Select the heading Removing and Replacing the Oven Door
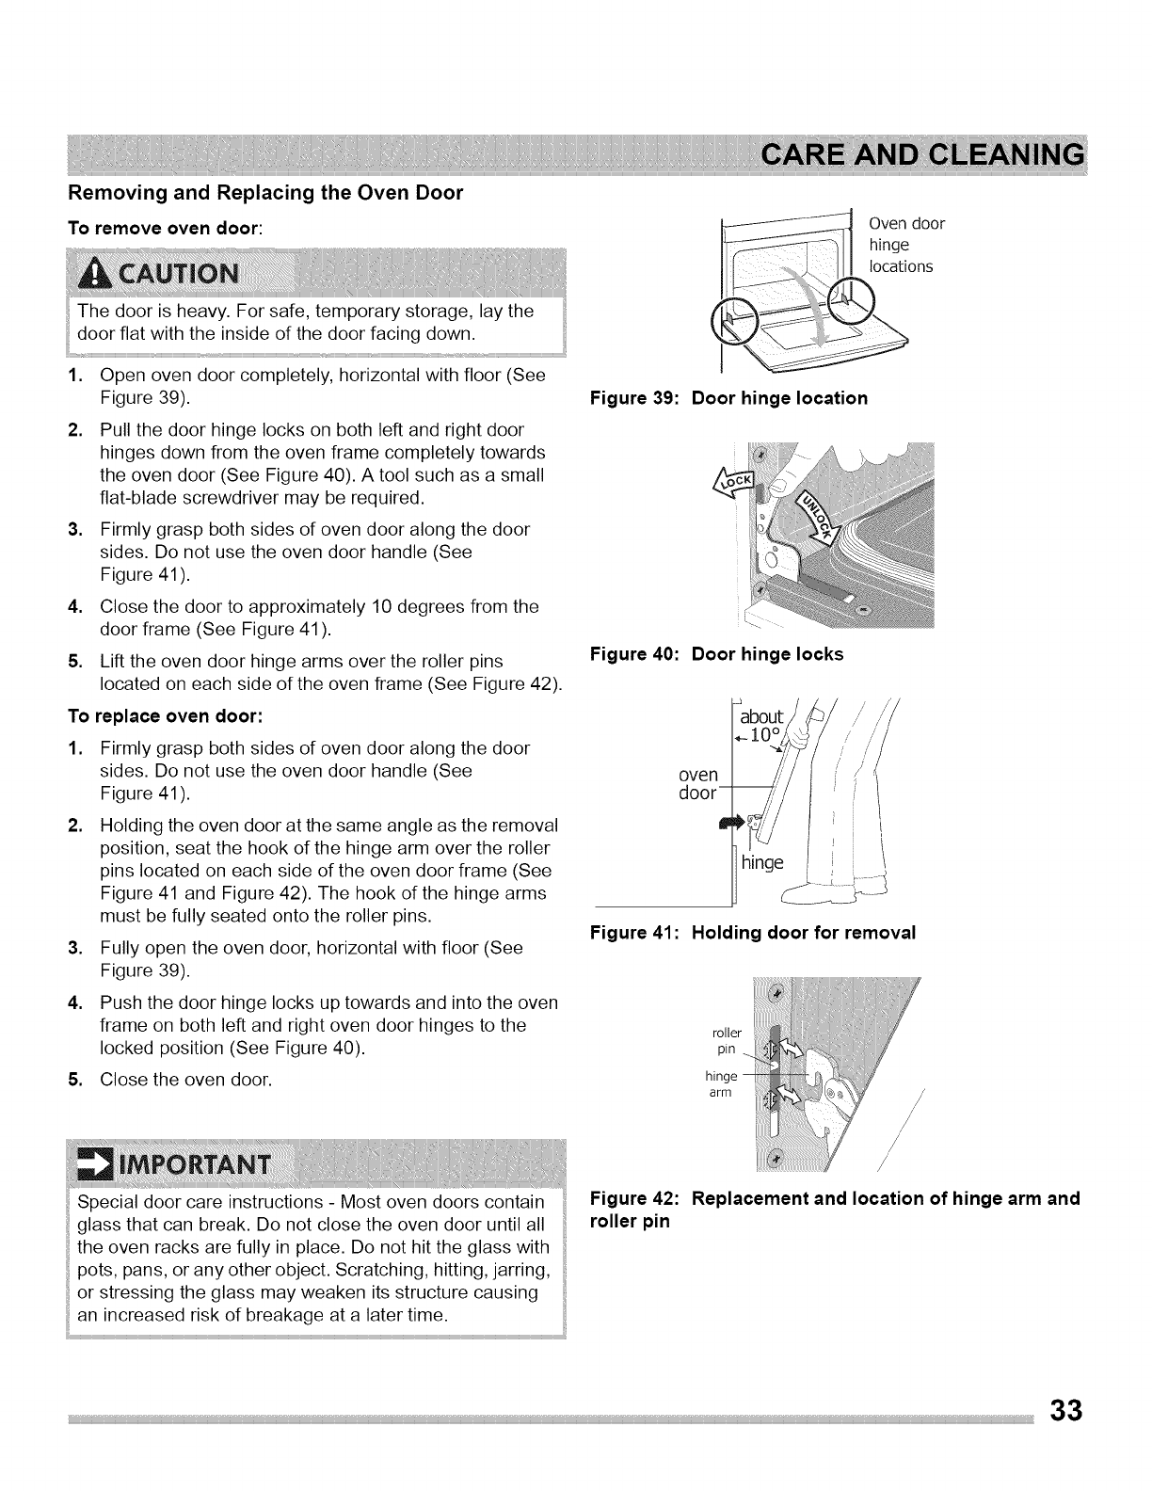(x=265, y=193)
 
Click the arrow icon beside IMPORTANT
(x=93, y=1154)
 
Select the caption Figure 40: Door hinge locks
(x=716, y=654)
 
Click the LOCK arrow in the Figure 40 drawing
(x=736, y=486)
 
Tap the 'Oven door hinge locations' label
(x=905, y=245)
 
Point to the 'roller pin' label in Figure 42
(x=729, y=1038)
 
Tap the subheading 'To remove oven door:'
(x=168, y=228)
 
